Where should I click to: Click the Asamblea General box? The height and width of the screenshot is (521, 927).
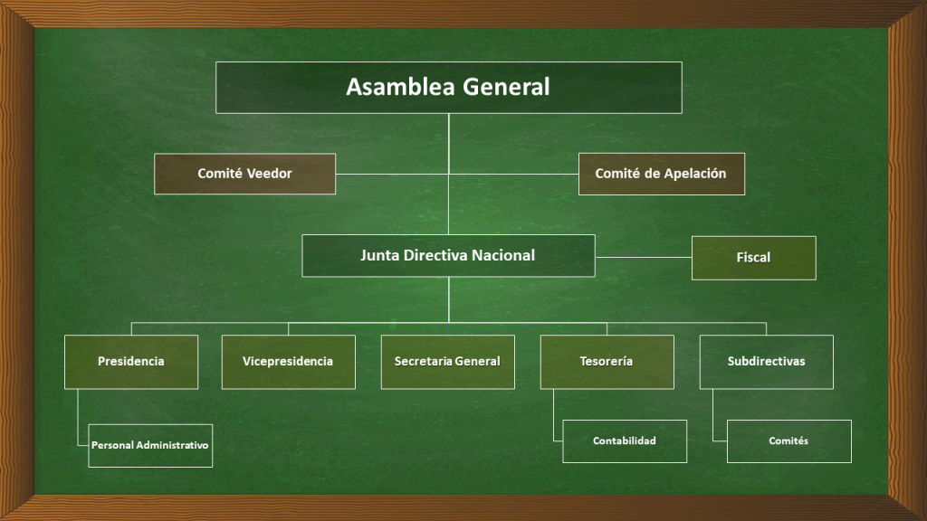pos(449,88)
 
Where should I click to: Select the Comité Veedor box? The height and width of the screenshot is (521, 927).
pos(244,174)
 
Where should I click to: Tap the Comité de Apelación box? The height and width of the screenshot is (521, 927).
pos(662,174)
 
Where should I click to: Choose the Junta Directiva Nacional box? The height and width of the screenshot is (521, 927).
pos(449,256)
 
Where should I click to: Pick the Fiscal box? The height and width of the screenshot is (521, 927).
pos(754,258)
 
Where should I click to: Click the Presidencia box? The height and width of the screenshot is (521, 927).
pos(131,362)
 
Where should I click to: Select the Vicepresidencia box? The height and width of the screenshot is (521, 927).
pos(289,362)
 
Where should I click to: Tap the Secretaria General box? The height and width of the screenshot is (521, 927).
pos(448,362)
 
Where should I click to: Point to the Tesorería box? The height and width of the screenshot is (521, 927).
pos(607,362)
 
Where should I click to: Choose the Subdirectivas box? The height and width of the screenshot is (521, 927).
pos(767,362)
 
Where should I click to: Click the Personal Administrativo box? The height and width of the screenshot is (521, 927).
pos(150,446)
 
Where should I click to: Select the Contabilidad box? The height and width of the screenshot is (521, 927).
pos(625,441)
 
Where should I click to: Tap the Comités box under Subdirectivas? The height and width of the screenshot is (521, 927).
pos(789,441)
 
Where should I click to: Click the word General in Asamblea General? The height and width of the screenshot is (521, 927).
pos(506,87)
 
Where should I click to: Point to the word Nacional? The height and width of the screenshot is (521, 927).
pos(503,255)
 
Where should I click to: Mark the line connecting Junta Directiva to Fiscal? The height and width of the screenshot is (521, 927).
pos(644,257)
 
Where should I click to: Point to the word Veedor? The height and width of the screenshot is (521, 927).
pos(269,174)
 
